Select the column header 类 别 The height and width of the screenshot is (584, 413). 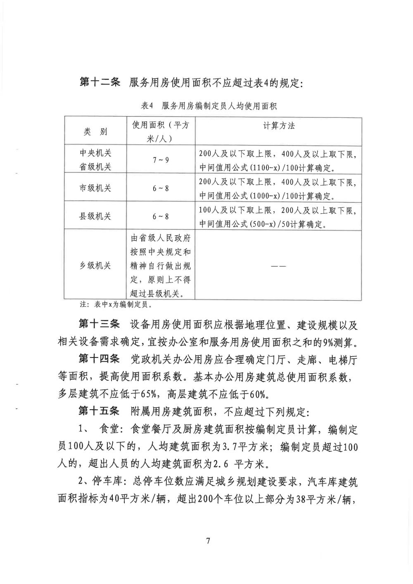pyautogui.click(x=95, y=132)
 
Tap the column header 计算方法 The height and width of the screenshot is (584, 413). pyautogui.click(x=279, y=126)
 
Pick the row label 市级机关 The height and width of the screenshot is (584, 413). pyautogui.click(x=95, y=188)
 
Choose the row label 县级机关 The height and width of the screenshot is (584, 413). pyautogui.click(x=95, y=216)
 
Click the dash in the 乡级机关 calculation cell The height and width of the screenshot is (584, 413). pyautogui.click(x=278, y=266)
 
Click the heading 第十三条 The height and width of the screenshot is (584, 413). pyautogui.click(x=99, y=324)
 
